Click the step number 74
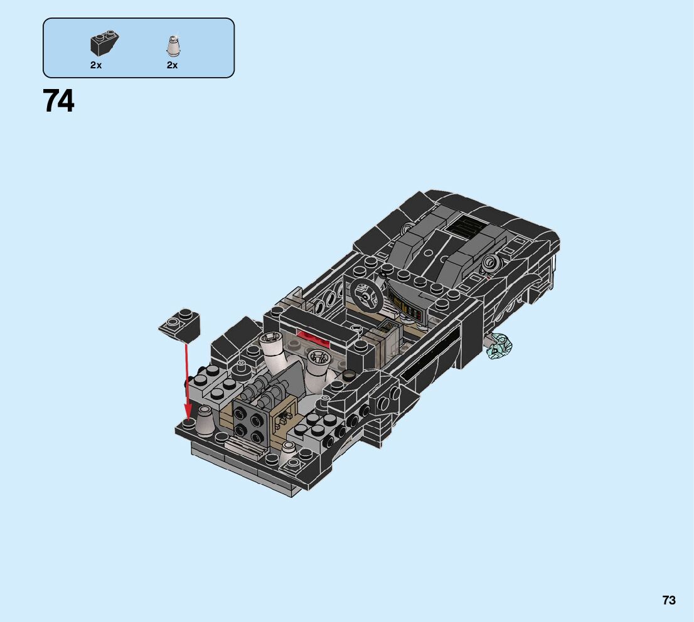(x=58, y=101)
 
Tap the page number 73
(x=669, y=600)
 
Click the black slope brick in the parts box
(x=104, y=43)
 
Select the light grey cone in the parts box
(x=173, y=46)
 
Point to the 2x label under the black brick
(x=96, y=65)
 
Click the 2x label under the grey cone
(x=172, y=65)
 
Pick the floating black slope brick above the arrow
(x=180, y=325)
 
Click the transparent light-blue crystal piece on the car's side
(x=499, y=345)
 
